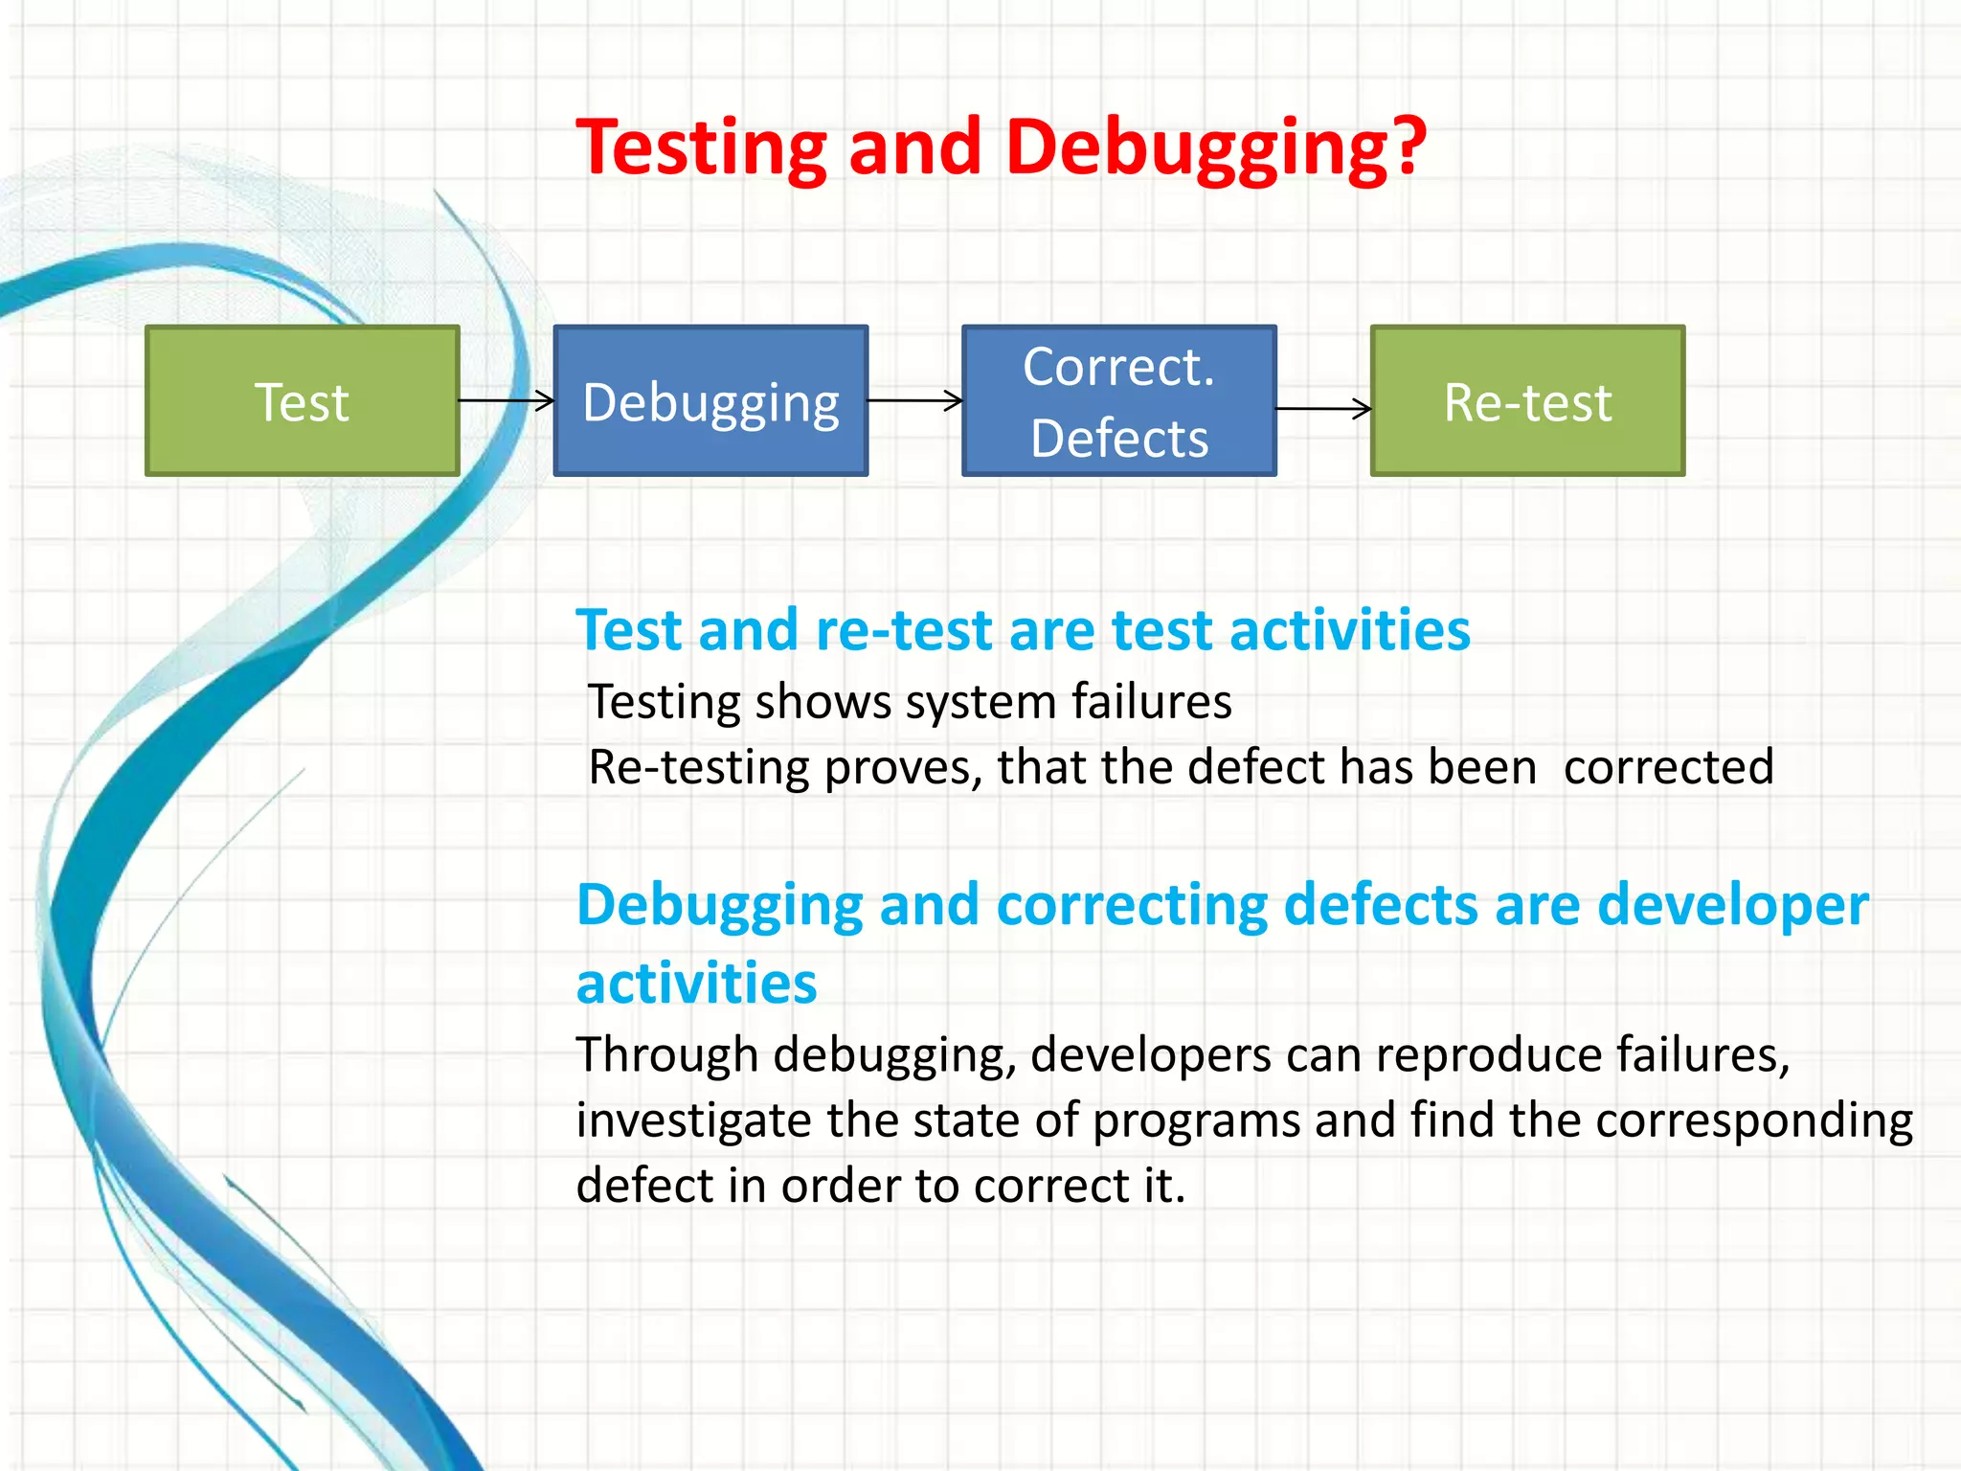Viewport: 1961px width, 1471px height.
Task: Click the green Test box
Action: tap(302, 400)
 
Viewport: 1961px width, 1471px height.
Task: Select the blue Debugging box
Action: tap(710, 400)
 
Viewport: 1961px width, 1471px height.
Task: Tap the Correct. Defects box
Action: tap(1118, 400)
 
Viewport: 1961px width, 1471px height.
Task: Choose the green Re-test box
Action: tap(1527, 400)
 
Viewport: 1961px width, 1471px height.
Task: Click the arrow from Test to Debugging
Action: tap(507, 400)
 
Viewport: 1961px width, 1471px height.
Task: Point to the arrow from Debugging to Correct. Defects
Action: tap(914, 400)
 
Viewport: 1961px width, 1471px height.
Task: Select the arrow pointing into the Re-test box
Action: tap(1323, 409)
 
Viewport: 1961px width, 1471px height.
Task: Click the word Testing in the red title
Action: tap(701, 148)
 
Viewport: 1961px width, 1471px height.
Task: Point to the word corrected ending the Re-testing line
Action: tap(1668, 767)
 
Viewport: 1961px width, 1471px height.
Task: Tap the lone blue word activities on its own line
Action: tap(696, 984)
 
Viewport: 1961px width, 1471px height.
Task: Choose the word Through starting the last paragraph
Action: tap(667, 1055)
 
